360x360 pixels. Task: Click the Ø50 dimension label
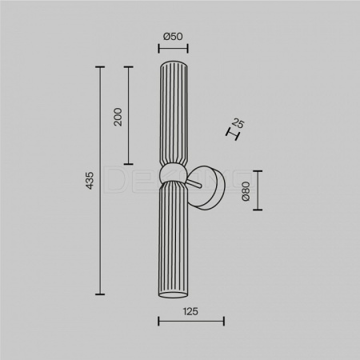point(173,36)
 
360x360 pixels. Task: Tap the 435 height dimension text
point(90,181)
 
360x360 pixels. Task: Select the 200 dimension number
point(118,117)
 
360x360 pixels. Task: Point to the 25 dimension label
point(238,123)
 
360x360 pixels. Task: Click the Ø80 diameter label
point(246,191)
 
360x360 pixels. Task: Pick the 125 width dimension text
point(190,311)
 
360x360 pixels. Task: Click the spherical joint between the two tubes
point(172,173)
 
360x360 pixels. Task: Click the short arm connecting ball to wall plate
point(194,184)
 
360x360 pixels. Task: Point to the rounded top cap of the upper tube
point(174,64)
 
